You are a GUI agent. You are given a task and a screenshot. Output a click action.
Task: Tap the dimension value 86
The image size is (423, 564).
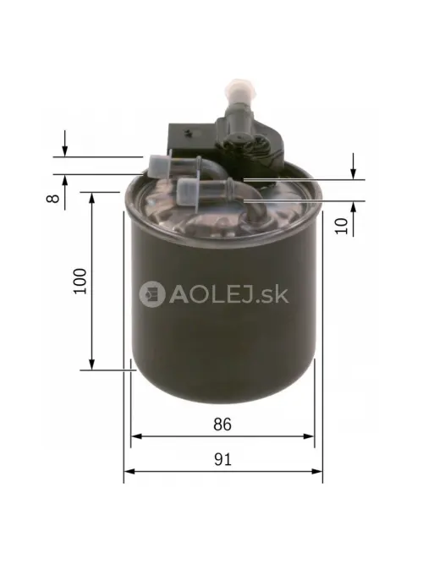click(222, 423)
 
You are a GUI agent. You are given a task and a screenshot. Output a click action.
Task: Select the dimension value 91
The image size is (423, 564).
click(222, 459)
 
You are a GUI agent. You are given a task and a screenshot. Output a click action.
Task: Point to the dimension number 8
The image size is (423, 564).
click(52, 198)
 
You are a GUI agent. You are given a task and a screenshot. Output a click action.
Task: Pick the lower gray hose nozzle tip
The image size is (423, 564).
click(188, 187)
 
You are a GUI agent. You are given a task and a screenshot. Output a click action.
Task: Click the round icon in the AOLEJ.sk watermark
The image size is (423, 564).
click(153, 293)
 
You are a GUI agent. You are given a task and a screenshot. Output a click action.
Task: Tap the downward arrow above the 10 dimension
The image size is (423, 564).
click(354, 172)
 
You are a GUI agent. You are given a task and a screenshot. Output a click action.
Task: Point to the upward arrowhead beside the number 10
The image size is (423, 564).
click(354, 208)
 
